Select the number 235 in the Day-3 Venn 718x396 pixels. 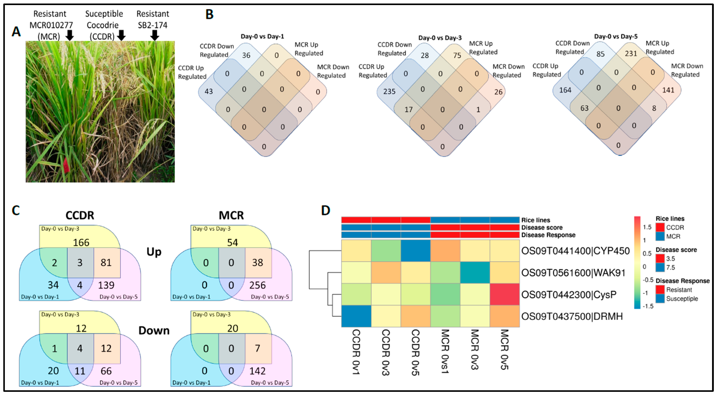point(389,91)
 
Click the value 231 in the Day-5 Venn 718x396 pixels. point(631,53)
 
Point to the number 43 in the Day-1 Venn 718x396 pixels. point(208,91)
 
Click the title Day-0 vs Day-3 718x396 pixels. point(440,38)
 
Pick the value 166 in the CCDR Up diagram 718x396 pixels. point(81,242)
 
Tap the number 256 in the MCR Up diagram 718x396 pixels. point(257,285)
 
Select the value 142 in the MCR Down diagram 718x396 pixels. point(257,371)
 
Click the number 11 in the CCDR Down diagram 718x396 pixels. point(80,371)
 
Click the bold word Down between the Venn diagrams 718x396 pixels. point(154,330)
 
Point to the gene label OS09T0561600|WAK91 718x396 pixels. point(573,273)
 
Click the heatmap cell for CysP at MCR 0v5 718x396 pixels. point(504,294)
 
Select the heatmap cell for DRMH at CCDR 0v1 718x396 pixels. point(356,316)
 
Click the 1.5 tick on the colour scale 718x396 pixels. point(647,227)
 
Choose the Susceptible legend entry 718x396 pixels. point(682,298)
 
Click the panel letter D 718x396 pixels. point(325,210)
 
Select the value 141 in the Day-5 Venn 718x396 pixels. point(668,90)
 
